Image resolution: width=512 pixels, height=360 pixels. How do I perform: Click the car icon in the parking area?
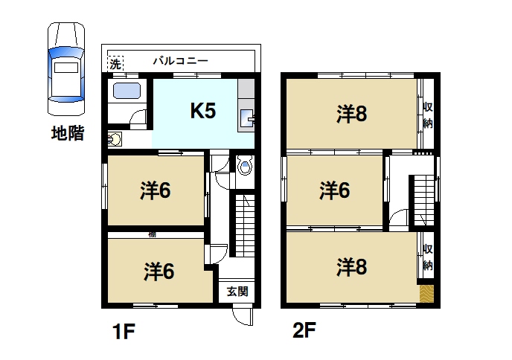tap(65, 69)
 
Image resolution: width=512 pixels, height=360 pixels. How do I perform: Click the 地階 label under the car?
tap(65, 135)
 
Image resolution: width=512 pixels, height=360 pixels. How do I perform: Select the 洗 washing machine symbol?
tap(115, 64)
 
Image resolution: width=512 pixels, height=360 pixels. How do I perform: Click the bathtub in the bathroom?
tap(127, 93)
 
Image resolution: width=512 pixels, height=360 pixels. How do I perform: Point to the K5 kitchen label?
tap(202, 112)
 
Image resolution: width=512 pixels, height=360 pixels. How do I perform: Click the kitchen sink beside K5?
tap(247, 118)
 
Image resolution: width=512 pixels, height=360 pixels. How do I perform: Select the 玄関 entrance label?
tap(237, 292)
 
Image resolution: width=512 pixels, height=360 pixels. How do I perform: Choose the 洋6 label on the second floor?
tap(335, 190)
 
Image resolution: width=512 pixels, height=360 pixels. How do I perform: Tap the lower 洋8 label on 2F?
tap(351, 266)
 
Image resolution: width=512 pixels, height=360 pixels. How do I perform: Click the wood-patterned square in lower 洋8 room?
tap(426, 293)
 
